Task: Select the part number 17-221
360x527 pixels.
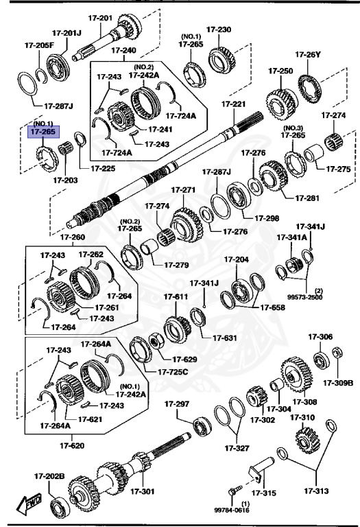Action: [x=233, y=104]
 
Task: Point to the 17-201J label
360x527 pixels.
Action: [x=67, y=32]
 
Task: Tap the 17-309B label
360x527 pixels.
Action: [x=338, y=382]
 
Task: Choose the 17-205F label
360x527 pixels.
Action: [x=38, y=45]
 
